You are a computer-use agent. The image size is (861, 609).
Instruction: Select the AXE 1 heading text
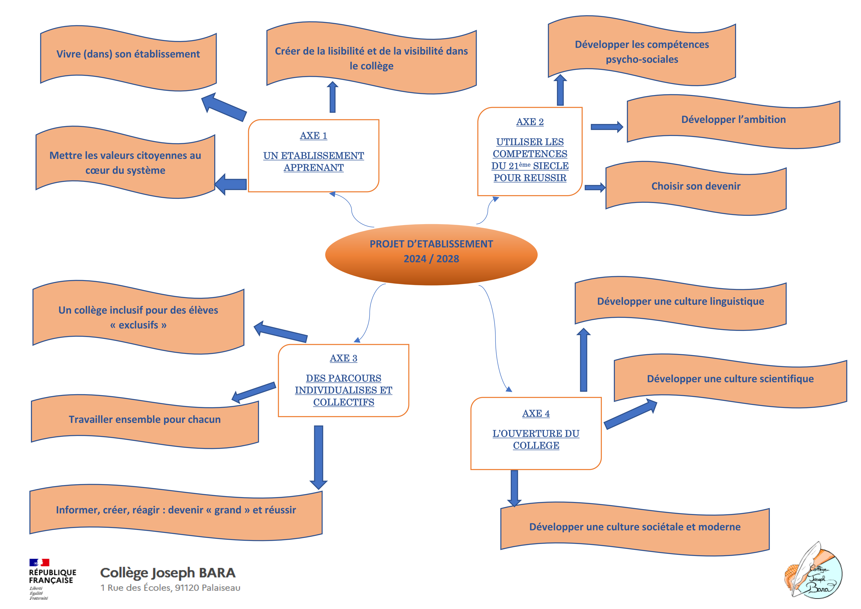(313, 135)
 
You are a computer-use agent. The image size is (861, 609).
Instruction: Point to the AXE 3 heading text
(344, 358)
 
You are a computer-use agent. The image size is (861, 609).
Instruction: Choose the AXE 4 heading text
(536, 413)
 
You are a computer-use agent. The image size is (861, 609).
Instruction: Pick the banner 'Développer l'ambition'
(733, 120)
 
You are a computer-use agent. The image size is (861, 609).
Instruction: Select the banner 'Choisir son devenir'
(696, 186)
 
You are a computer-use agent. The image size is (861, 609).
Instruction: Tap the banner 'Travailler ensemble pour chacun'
(145, 420)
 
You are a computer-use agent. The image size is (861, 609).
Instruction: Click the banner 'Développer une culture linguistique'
(680, 301)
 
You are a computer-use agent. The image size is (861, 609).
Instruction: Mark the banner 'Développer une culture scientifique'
(730, 379)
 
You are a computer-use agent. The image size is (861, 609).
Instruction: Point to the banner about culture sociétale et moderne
(634, 527)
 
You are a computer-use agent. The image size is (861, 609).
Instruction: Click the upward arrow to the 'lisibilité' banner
(332, 97)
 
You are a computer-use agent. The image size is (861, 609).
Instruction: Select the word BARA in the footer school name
(217, 573)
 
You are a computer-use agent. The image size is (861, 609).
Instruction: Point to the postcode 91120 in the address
(187, 588)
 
